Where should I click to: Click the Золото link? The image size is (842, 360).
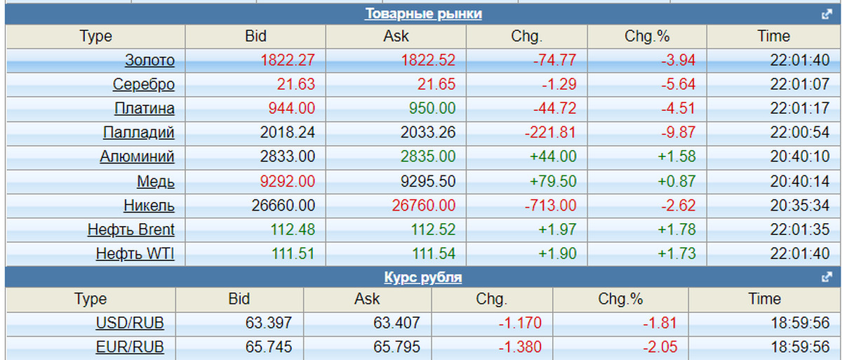[149, 60]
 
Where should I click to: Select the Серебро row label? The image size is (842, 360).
[143, 85]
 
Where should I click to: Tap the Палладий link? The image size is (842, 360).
[138, 133]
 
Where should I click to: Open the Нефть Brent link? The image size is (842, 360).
[131, 229]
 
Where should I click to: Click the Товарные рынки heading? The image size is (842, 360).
[423, 14]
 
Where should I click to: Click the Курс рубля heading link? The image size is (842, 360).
[423, 277]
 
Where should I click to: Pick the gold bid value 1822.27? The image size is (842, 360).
[288, 60]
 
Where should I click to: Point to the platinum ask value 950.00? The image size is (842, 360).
[428, 109]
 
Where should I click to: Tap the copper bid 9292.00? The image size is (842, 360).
[288, 181]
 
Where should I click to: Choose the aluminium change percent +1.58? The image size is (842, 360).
[676, 156]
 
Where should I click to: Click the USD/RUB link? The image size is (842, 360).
[124, 324]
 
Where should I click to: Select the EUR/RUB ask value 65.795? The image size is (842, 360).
[397, 347]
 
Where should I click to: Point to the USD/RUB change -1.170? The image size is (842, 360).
[520, 324]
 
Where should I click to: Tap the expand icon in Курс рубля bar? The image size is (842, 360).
[827, 277]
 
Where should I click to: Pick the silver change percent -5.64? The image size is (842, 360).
[678, 85]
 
